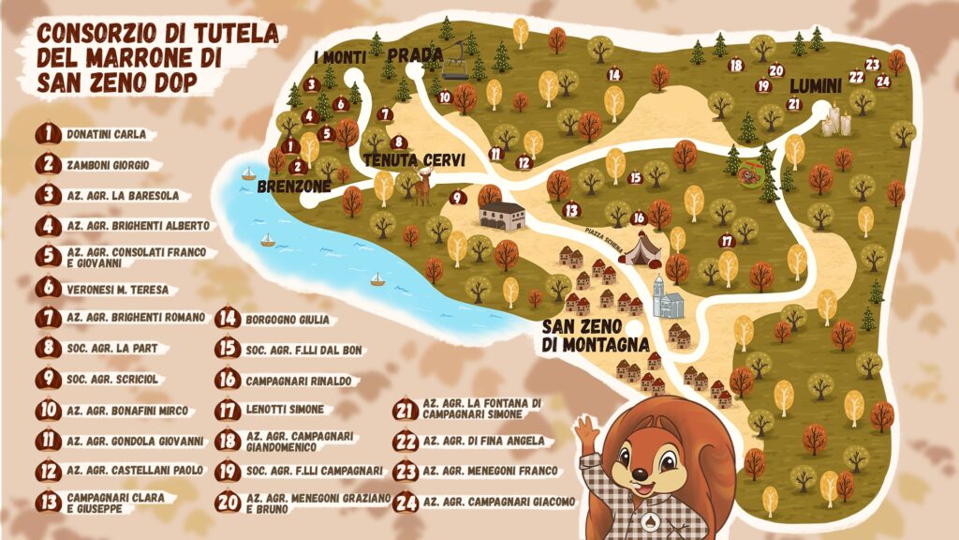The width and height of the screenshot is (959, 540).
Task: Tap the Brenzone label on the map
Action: point(294,187)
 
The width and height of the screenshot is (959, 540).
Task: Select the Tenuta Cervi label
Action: point(415,160)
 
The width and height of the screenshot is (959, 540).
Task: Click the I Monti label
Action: point(340,58)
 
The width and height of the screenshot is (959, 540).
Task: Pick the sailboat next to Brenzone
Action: point(249,173)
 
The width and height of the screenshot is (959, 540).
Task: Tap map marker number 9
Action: point(457,198)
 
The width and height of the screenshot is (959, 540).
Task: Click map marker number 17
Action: point(726,241)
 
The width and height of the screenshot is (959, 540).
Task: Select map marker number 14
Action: point(613,74)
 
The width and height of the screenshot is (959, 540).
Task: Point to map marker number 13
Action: point(571,210)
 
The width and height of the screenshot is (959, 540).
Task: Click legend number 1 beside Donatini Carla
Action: point(48,135)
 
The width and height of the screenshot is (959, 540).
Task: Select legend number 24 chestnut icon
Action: point(406,502)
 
